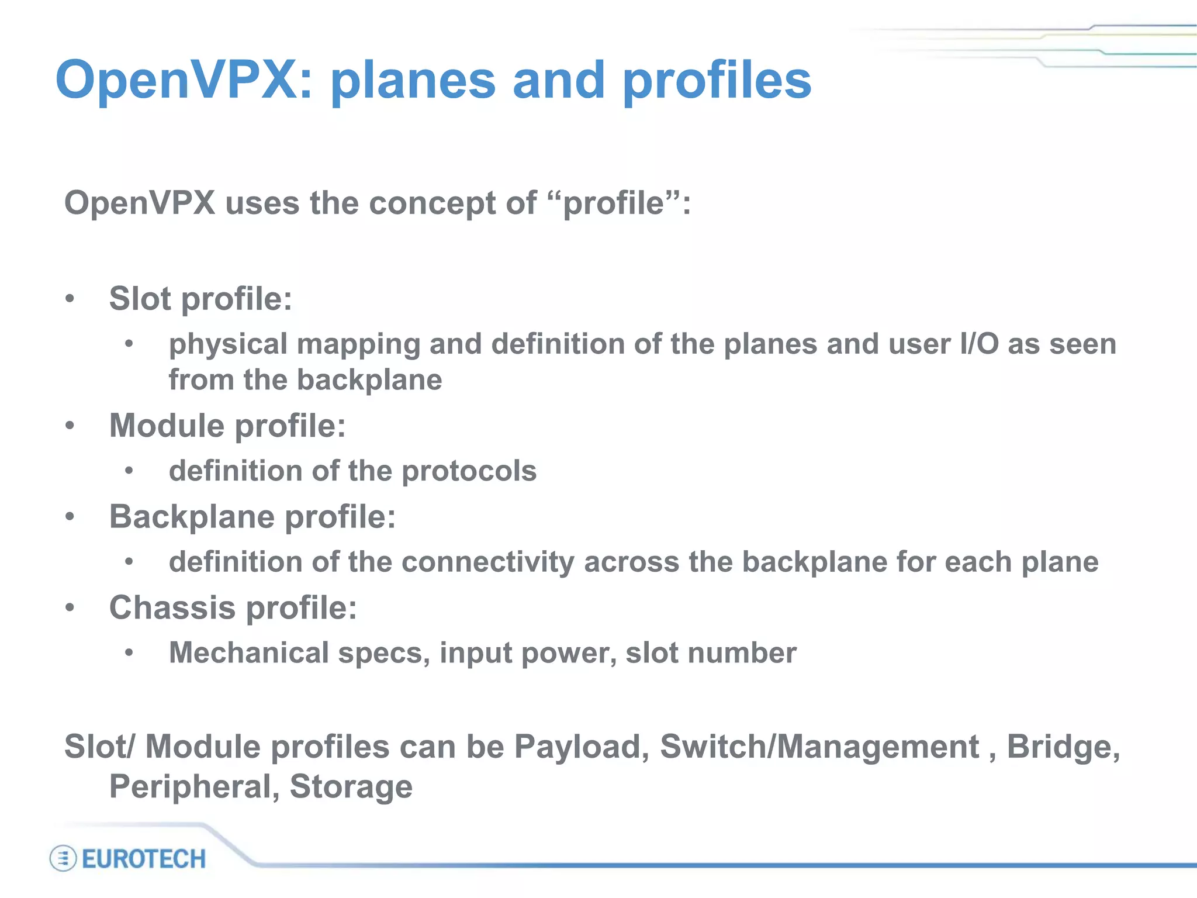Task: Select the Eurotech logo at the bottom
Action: pos(129,859)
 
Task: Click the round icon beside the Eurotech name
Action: pos(63,859)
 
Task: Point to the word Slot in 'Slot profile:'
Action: pos(140,299)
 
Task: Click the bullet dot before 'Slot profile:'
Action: pos(70,299)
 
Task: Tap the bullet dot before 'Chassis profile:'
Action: pos(70,608)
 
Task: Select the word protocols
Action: pos(469,471)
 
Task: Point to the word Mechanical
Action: pos(249,652)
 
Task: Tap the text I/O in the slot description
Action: pos(979,344)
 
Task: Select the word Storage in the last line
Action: pos(351,786)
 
